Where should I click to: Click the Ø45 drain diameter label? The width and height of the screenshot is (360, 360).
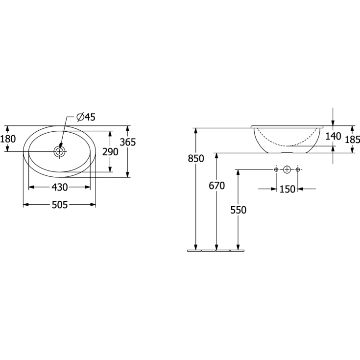(86, 118)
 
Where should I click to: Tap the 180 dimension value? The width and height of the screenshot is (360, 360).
(8, 139)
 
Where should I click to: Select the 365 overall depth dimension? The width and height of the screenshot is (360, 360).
(128, 143)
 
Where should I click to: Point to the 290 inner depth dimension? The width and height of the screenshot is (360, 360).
(110, 152)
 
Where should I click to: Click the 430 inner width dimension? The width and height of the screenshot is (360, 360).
(60, 187)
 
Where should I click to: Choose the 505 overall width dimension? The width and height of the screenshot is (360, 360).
(60, 205)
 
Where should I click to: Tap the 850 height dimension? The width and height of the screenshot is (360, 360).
(196, 159)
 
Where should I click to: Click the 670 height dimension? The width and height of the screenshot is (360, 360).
(216, 186)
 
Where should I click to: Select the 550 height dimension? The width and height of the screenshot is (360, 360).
(239, 210)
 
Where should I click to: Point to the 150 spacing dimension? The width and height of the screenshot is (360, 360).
(287, 189)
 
